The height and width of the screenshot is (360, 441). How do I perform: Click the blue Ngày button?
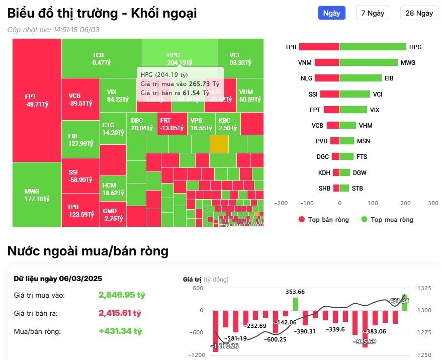[x=331, y=13]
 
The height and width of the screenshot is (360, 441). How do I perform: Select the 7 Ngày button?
[x=373, y=13]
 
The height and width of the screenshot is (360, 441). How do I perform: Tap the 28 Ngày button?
[x=419, y=13]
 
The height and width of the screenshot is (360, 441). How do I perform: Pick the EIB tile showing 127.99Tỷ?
[x=80, y=140]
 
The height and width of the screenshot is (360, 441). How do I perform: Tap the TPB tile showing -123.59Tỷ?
[x=80, y=210]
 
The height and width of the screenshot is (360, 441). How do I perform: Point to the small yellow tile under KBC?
[x=219, y=144]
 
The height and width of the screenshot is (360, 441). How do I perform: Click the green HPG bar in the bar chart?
[x=373, y=47]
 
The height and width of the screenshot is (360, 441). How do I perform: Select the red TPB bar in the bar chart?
[x=319, y=47]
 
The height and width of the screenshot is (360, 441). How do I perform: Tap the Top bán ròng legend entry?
[x=323, y=220]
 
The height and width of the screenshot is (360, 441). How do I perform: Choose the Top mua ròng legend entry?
[x=387, y=220]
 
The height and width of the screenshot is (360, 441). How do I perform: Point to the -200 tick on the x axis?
[x=281, y=203]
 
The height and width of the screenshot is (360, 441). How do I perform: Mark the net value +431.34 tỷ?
[x=121, y=331]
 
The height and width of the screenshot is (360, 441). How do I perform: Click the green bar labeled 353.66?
[x=296, y=304]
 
